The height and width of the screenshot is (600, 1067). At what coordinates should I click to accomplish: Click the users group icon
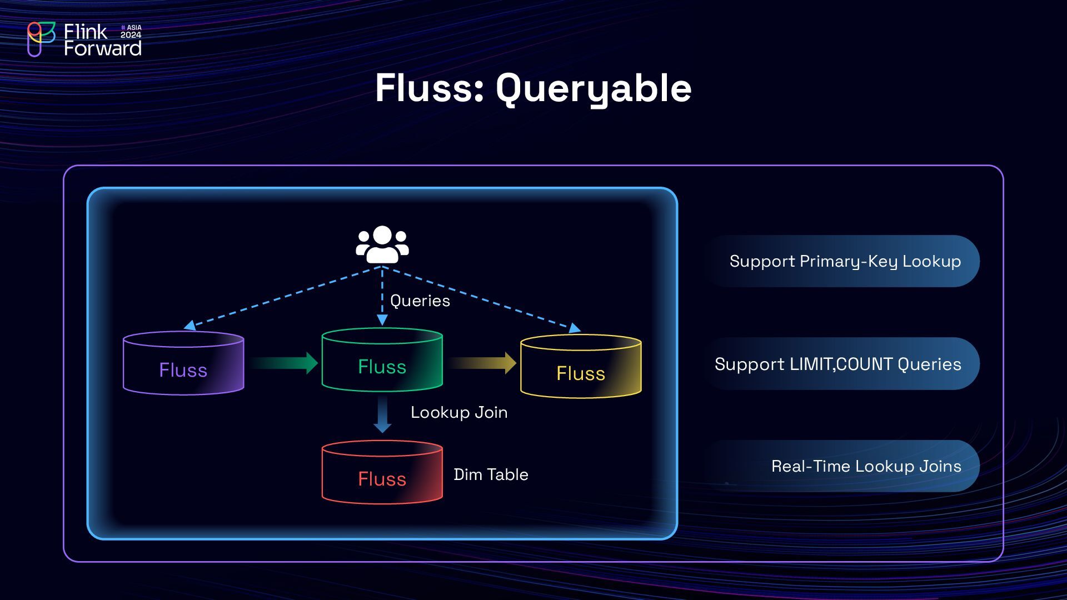[382, 244]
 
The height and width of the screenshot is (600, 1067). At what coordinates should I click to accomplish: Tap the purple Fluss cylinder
[183, 363]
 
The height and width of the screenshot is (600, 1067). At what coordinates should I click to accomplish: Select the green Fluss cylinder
[382, 360]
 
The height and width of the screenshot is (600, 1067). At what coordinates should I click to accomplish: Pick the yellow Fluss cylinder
[581, 367]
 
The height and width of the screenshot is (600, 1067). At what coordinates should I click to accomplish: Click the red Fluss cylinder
[382, 472]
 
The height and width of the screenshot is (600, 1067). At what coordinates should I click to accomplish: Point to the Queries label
[420, 301]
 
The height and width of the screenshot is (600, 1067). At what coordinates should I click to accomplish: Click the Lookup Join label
[459, 412]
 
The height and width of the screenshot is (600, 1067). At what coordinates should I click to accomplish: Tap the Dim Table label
[491, 474]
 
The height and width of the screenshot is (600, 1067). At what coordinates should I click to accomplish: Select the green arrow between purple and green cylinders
[283, 363]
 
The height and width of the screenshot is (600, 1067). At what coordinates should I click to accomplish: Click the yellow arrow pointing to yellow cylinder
[483, 363]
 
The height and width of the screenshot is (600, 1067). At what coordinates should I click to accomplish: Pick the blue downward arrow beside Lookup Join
[382, 414]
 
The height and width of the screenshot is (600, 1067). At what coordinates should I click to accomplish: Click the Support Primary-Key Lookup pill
[841, 261]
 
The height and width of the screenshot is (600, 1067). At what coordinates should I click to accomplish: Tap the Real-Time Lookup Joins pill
[841, 466]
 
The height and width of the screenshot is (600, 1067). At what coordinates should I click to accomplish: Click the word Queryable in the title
[594, 89]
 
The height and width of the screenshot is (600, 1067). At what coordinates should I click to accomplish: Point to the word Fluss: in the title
[430, 88]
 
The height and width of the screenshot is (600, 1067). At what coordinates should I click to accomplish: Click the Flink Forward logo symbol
[41, 39]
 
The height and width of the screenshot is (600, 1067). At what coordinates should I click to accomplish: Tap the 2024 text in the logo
[131, 35]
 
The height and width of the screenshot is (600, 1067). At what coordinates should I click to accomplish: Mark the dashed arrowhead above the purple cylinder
[190, 325]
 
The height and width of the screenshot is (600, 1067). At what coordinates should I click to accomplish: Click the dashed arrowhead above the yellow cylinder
[575, 328]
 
